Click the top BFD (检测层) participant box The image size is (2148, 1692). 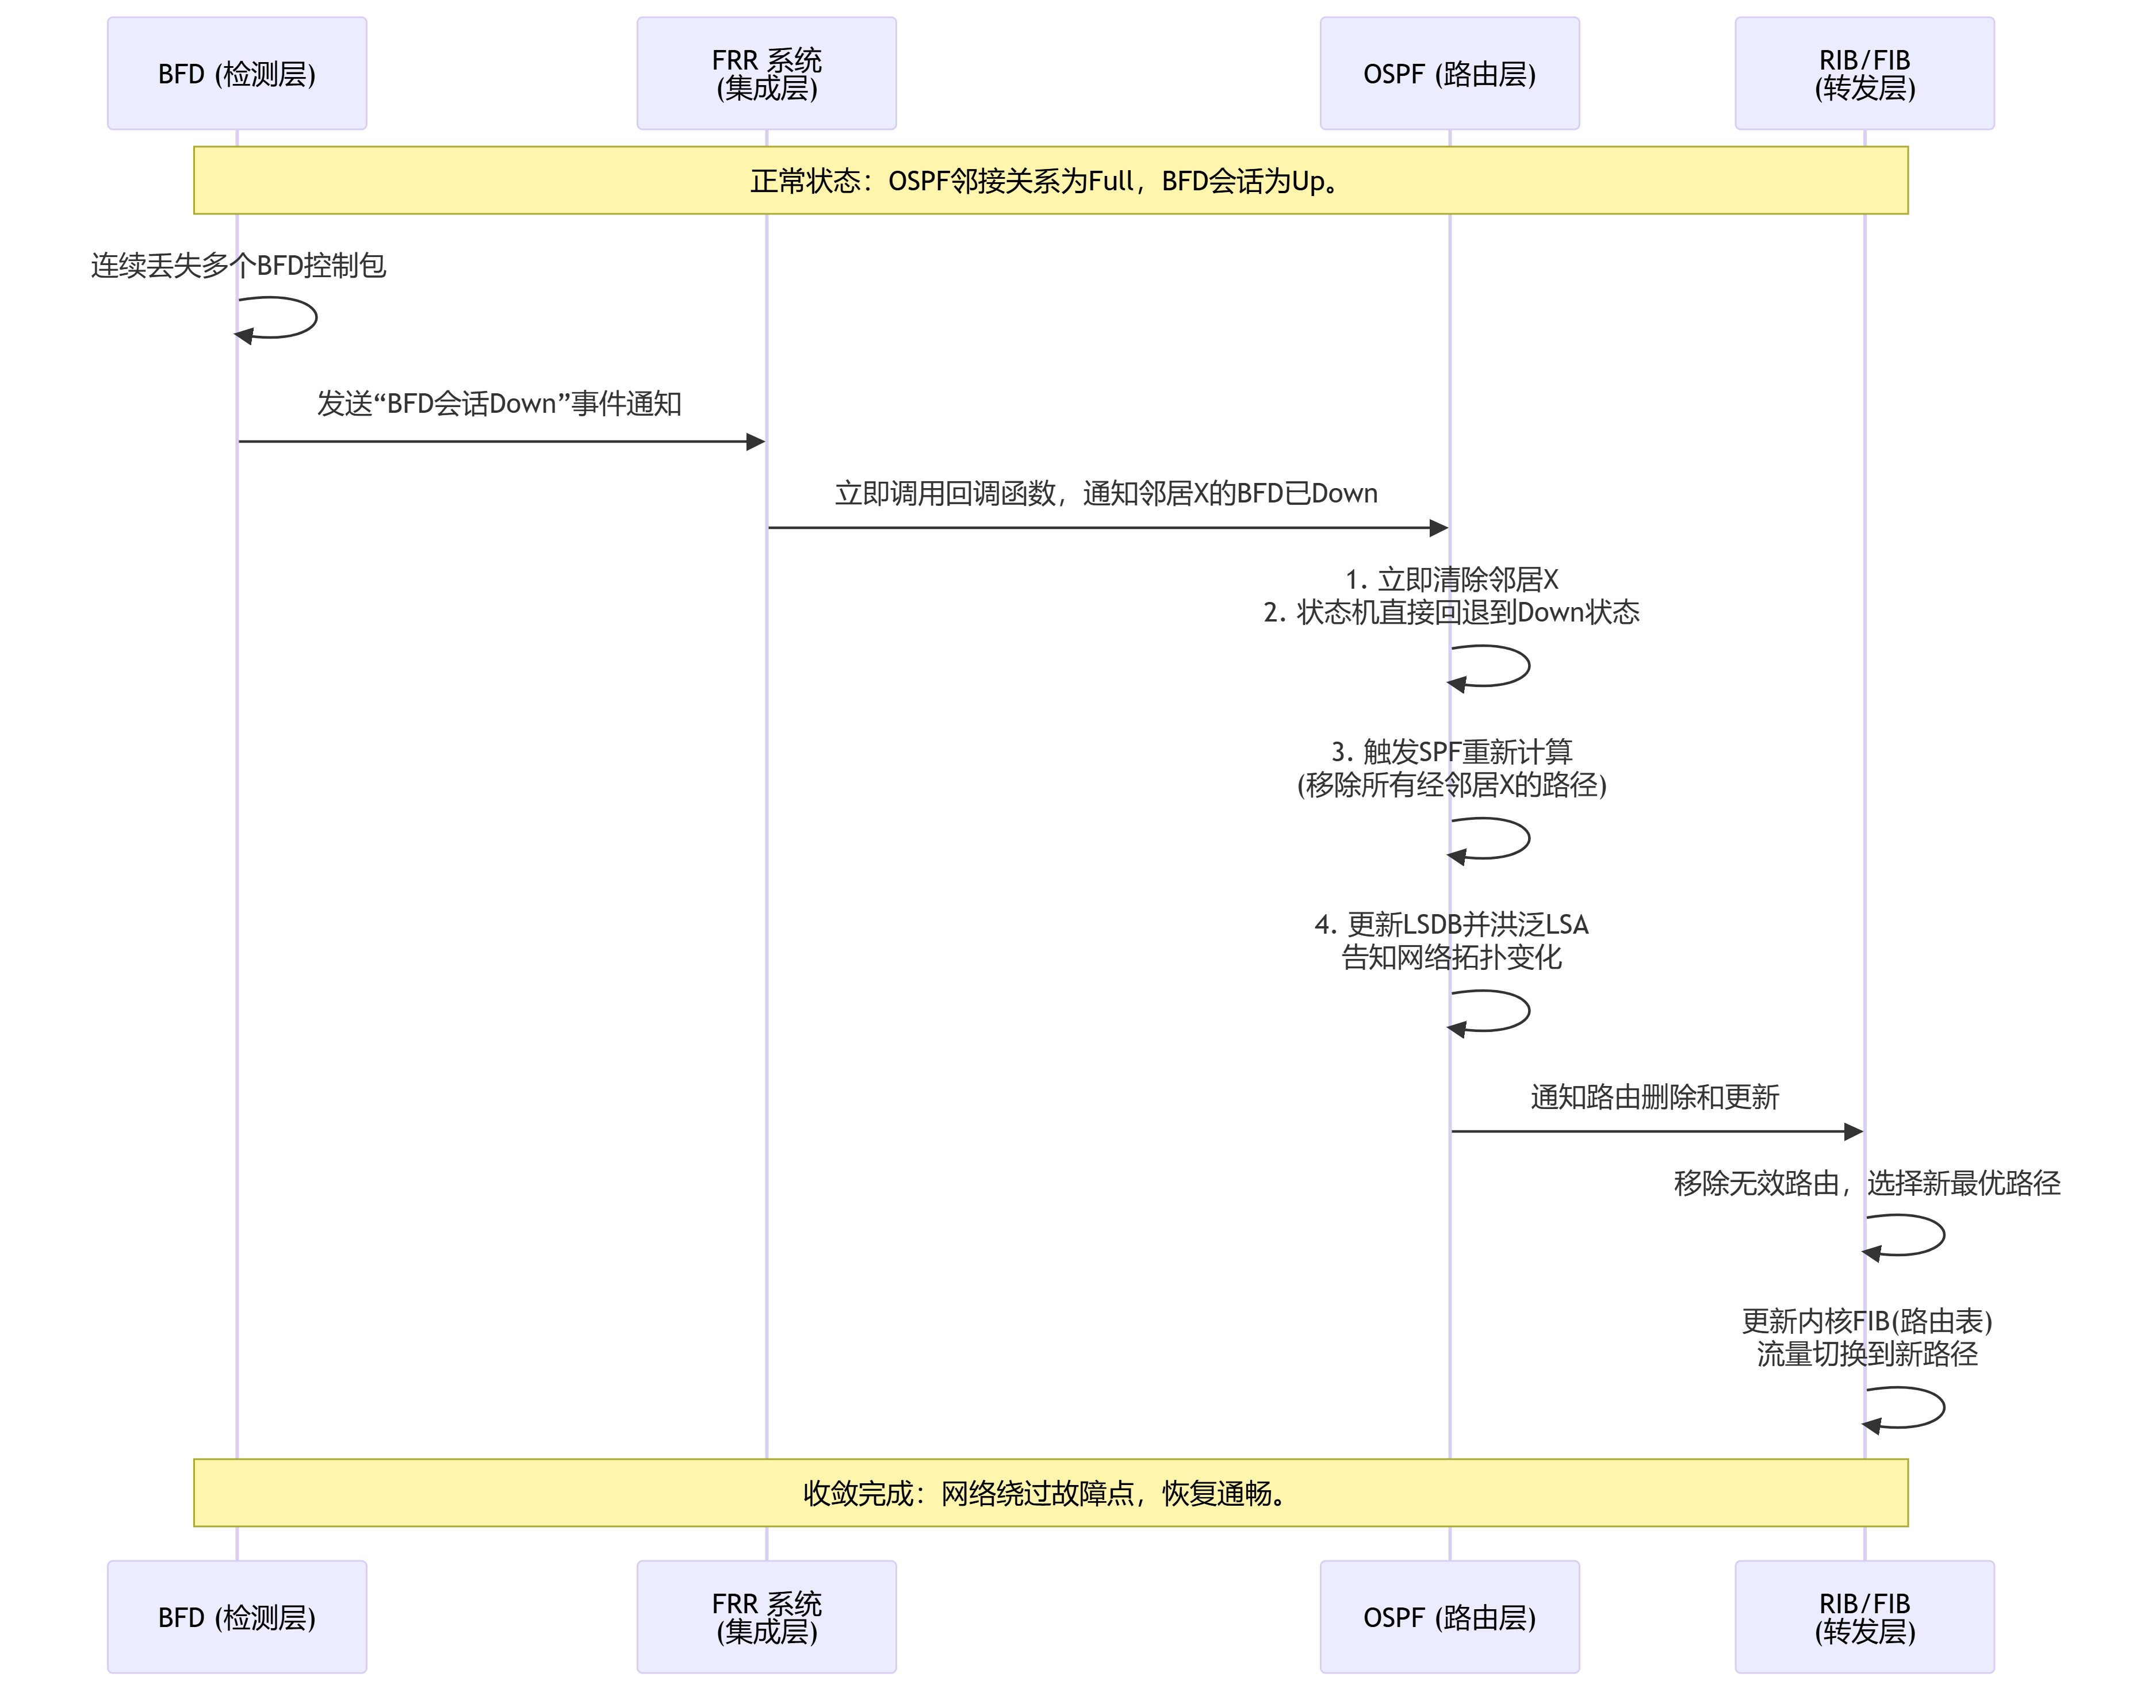pos(237,74)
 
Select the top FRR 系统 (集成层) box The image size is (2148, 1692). pos(766,74)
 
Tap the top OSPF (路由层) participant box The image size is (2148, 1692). pos(1449,74)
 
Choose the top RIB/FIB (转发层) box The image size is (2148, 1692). pos(1864,74)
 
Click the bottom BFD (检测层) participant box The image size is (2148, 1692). pos(237,1617)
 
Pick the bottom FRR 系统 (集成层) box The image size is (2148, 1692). pos(766,1617)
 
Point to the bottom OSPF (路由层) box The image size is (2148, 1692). pos(1449,1617)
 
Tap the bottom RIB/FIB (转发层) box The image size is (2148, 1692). pos(1864,1617)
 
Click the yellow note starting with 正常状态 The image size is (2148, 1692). pos(1050,181)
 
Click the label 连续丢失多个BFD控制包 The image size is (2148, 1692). pos(238,266)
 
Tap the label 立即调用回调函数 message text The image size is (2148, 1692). pos(1106,493)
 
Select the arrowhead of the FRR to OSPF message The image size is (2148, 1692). pos(1439,528)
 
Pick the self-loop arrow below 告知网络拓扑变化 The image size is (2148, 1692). pos(1510,1011)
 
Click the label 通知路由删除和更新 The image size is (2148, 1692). pos(1655,1096)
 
